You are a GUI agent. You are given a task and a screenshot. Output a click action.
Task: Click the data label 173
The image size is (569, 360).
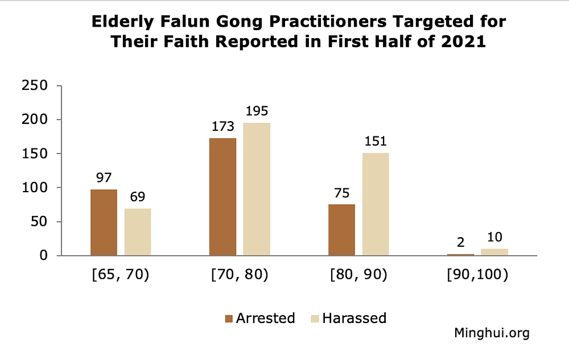[222, 126]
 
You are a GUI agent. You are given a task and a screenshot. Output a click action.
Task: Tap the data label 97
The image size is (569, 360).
[104, 177]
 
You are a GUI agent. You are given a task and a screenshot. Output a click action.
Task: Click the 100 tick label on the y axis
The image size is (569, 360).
[34, 188]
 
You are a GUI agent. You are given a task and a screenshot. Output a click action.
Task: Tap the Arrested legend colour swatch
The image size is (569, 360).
[229, 318]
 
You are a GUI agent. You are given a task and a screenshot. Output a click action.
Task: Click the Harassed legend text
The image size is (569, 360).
[354, 318]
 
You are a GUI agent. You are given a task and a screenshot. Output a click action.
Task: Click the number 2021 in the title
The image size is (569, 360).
[463, 43]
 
